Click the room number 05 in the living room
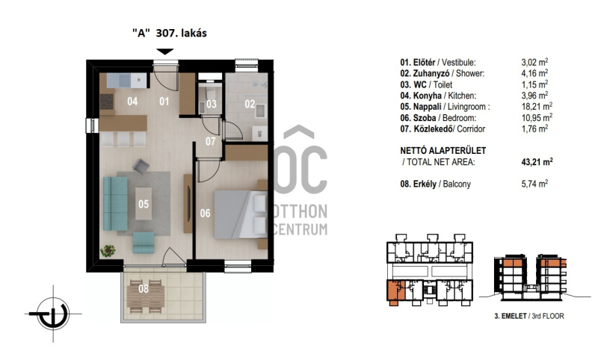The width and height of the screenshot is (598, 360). [144, 204]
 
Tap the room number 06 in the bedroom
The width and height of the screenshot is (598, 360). [205, 214]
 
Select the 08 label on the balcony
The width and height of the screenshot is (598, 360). [144, 289]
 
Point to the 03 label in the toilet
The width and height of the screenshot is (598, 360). [212, 104]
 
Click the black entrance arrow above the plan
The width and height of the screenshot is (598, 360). [165, 52]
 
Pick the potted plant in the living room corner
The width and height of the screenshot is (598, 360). [108, 251]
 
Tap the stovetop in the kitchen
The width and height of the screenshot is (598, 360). [107, 102]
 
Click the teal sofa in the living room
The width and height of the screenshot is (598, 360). [115, 203]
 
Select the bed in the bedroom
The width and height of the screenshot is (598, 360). [240, 214]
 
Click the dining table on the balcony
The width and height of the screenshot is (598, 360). [146, 297]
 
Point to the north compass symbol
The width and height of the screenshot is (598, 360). [53, 314]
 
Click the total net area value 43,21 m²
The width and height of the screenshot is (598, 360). [537, 161]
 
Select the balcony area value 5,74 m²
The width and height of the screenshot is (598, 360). [534, 184]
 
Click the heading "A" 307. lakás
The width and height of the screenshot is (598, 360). [170, 33]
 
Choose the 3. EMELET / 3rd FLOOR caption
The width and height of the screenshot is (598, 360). [529, 316]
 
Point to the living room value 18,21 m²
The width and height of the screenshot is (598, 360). [537, 106]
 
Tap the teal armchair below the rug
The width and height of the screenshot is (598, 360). [144, 243]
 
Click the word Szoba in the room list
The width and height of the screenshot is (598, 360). [425, 118]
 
